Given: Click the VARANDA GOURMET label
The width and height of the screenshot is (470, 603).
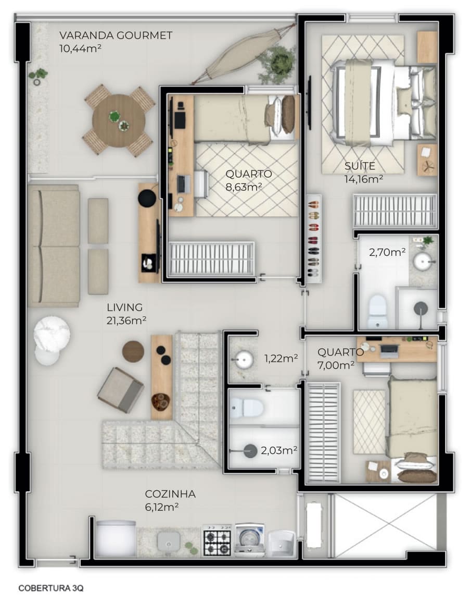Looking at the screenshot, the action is point(116,35).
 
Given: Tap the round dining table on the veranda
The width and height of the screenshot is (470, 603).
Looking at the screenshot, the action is point(119,121).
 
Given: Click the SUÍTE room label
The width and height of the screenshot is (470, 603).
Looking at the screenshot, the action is point(360,166).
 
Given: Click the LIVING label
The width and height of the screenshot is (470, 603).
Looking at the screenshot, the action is point(125,307).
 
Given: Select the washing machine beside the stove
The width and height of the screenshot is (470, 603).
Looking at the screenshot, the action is point(250,540).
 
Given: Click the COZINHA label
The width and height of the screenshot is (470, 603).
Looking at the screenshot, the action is point(170,494).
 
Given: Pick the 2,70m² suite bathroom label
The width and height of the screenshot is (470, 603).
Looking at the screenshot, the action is point(387,252).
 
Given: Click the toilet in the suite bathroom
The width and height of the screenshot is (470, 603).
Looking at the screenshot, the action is point(377,312).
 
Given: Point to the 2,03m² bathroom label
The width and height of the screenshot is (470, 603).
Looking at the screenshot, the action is point(279,450).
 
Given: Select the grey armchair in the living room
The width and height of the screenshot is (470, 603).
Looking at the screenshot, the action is point(121,390).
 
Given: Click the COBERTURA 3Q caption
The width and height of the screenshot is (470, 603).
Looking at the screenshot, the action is point(50,588).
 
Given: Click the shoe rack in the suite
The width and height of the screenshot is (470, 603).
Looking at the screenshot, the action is point(313,238).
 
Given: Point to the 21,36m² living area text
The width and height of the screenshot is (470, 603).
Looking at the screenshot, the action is point(126,321).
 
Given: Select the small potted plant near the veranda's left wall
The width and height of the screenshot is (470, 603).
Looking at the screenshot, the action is point(37,76).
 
